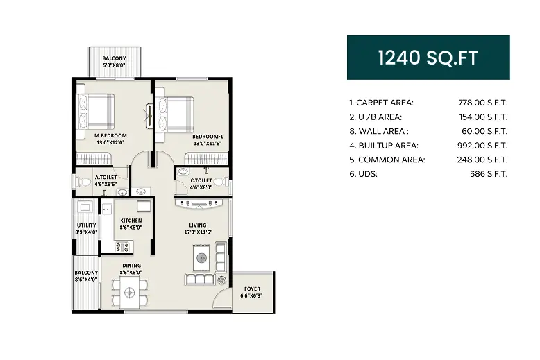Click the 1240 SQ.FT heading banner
point(428,58)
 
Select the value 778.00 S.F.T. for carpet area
point(483,103)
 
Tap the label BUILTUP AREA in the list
point(384,146)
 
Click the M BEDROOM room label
point(111,135)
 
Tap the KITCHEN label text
point(130,221)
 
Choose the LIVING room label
point(199,225)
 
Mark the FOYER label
point(252,289)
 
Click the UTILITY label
point(86,225)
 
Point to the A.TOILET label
point(106,178)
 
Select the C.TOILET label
point(202,180)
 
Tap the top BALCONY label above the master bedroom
point(114,58)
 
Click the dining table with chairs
point(130,293)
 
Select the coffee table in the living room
point(203,259)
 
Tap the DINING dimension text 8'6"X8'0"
point(131,273)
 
